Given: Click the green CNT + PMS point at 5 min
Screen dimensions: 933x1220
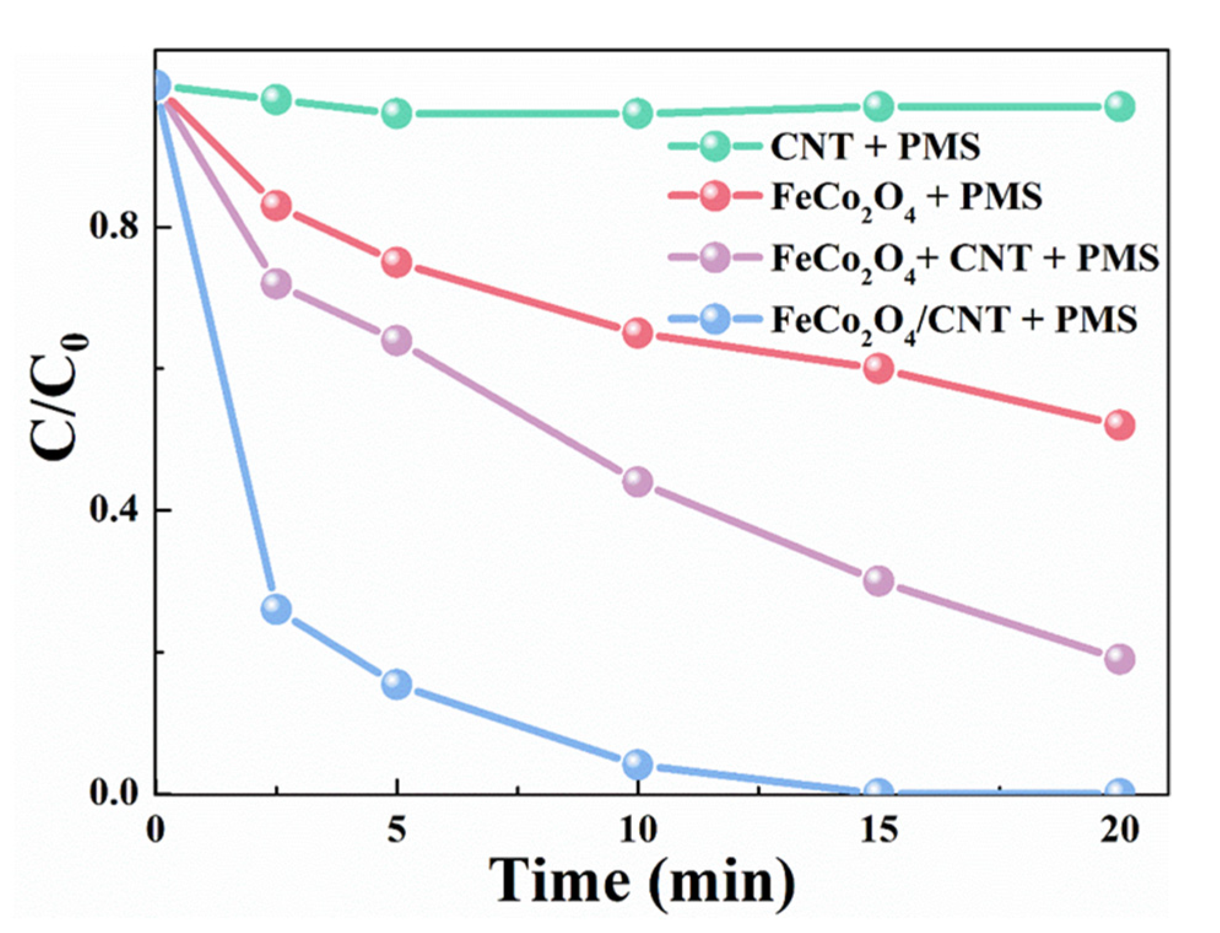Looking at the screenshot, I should [396, 113].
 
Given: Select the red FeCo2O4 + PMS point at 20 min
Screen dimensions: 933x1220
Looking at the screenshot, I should [1119, 425].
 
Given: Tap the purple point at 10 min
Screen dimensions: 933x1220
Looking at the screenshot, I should [637, 481].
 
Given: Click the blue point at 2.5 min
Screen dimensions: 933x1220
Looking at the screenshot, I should [276, 609].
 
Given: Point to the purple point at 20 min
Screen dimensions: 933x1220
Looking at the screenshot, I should [1119, 659].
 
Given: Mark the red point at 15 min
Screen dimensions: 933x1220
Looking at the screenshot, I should [878, 368].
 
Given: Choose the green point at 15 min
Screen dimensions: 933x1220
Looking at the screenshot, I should [878, 107].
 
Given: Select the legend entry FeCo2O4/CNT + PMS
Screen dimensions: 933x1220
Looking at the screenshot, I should [954, 320].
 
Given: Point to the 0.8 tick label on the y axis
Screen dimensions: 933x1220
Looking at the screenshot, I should [114, 226].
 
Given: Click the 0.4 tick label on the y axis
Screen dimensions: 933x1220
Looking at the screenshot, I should [114, 509].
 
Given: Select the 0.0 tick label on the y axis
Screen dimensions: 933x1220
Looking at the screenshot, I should [114, 792].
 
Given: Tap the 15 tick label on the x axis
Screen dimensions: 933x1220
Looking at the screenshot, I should [878, 830].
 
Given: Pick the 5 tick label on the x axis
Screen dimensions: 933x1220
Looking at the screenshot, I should [396, 830].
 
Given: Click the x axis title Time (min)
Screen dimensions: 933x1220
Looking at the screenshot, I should [641, 882].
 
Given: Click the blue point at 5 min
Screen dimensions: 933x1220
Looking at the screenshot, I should [396, 684].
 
